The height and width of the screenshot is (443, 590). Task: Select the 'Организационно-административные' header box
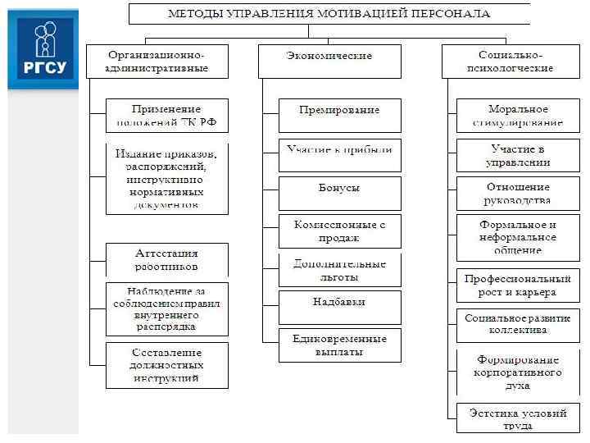pos(157,62)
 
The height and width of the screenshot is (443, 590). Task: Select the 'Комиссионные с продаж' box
pos(339,231)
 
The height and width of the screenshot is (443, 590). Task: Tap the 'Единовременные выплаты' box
pos(339,345)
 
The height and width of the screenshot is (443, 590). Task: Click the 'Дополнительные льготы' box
pos(339,270)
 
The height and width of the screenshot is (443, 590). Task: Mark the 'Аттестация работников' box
pos(166,259)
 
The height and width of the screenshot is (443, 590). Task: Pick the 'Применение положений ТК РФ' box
pos(166,116)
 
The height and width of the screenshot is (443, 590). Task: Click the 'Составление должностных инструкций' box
pos(166,365)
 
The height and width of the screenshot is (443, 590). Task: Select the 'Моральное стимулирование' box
pos(517,116)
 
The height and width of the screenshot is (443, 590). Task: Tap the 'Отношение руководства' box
pos(517,193)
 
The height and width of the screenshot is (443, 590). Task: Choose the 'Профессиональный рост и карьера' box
pos(517,285)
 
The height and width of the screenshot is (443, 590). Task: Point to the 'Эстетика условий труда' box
pos(517,419)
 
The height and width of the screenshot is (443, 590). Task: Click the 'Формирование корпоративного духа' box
pos(517,372)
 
